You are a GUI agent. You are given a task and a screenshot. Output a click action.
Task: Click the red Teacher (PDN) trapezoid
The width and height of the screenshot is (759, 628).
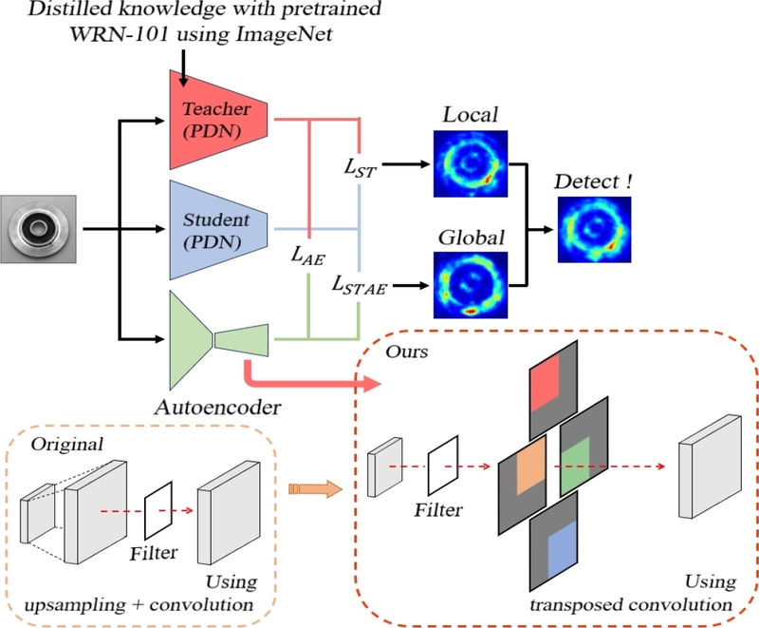(x=218, y=120)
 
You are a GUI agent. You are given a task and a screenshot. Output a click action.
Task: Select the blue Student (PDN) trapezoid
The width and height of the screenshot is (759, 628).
(x=218, y=230)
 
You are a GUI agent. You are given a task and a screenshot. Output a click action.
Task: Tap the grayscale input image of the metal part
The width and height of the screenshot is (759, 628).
(x=38, y=229)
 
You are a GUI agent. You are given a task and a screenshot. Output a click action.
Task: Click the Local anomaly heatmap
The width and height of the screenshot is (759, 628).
(x=471, y=163)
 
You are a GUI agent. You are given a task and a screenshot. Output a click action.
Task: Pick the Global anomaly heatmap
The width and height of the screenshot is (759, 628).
(x=471, y=285)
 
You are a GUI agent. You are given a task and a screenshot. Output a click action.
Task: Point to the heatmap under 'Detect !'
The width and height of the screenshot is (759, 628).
(x=595, y=230)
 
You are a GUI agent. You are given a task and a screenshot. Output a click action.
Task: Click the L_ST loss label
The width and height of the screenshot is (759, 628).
(x=361, y=168)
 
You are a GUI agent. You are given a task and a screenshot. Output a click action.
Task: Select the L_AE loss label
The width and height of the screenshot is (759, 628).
(x=307, y=256)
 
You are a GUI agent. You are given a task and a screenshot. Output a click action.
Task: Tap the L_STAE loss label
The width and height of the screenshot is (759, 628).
(x=360, y=285)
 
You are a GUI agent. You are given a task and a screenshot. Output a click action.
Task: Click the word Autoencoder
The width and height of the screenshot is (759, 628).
(x=218, y=408)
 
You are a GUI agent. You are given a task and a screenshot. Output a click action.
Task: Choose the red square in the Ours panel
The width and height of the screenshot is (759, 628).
(x=545, y=383)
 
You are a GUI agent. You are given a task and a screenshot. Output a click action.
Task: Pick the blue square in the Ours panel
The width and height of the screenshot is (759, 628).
(x=562, y=549)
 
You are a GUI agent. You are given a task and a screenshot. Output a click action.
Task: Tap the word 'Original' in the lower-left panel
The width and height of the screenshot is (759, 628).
(x=67, y=445)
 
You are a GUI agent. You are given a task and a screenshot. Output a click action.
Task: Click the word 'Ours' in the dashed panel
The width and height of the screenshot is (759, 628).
(x=407, y=352)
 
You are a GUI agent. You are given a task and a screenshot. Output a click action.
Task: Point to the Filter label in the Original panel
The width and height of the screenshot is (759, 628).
(x=154, y=553)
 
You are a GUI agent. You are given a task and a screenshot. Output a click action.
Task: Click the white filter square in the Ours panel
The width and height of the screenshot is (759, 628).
(x=443, y=466)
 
